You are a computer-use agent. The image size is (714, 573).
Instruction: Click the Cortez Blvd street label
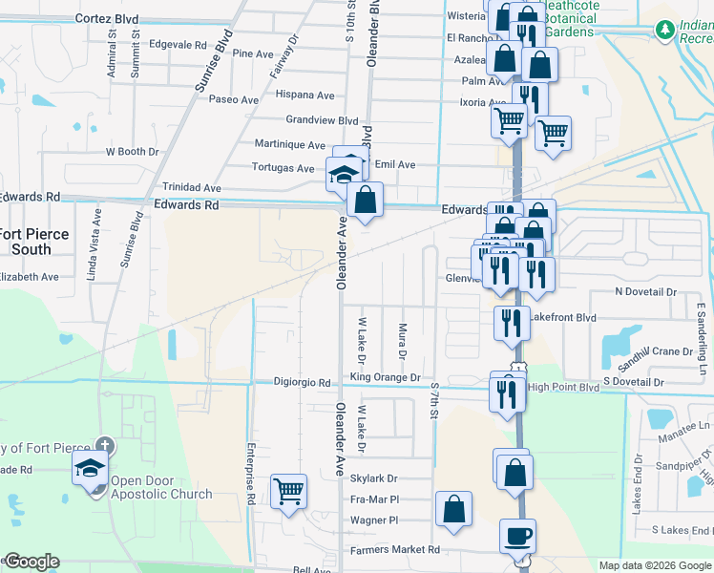[x=106, y=18]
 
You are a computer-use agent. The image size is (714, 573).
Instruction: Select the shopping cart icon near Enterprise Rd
[x=288, y=493]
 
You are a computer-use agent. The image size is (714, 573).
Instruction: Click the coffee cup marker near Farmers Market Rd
[x=517, y=537]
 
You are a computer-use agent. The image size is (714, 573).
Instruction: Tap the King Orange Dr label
[x=385, y=377]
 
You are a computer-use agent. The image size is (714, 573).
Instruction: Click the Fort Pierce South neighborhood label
[x=35, y=242]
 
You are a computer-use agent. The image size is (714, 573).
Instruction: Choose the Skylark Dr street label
[x=372, y=477]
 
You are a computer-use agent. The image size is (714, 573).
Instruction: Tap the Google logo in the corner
[x=31, y=562]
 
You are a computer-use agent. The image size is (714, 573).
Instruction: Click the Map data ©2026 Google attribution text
[x=654, y=565]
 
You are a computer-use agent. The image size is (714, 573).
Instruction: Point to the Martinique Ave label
[x=289, y=144]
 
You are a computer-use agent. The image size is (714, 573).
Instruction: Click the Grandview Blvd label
[x=322, y=120]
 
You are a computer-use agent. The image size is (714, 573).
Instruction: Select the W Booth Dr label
[x=132, y=152]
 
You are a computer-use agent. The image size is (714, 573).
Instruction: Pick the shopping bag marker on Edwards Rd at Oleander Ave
[x=365, y=202]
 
